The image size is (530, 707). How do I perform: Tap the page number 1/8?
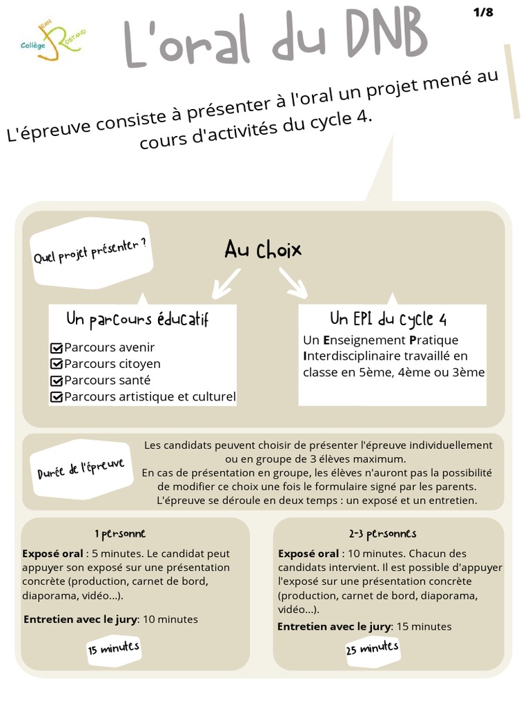click(x=483, y=12)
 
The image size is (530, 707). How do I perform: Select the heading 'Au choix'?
click(x=263, y=250)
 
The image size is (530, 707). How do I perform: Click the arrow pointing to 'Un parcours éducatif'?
click(x=226, y=284)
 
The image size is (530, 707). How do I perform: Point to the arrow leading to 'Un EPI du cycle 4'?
click(x=293, y=283)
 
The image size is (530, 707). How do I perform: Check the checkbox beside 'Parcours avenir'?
click(x=57, y=348)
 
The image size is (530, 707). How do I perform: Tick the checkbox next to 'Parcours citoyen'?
click(x=57, y=364)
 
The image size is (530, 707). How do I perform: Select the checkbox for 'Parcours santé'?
click(x=57, y=380)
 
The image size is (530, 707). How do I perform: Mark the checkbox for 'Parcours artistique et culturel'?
click(x=57, y=397)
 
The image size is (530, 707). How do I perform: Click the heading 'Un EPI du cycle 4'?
click(x=388, y=319)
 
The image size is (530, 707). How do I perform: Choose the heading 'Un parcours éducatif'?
click(x=137, y=320)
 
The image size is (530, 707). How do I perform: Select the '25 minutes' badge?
click(x=372, y=648)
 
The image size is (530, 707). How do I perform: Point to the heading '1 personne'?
click(x=120, y=534)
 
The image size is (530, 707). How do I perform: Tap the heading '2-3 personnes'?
click(x=382, y=534)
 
